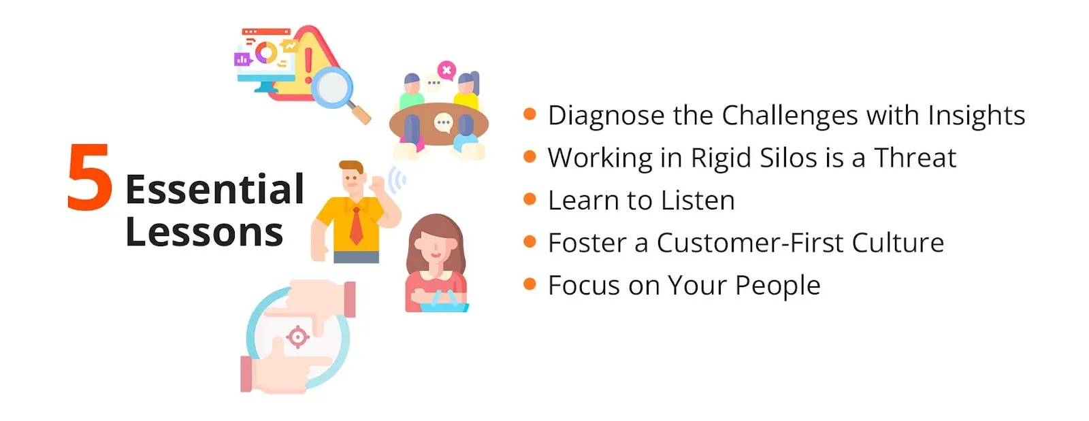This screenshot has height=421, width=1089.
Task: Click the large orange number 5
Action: click(x=90, y=178)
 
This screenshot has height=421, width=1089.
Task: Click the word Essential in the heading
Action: click(x=214, y=189)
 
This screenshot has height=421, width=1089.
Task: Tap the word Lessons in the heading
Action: click(x=204, y=232)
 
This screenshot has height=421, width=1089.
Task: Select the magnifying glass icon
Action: click(x=334, y=90)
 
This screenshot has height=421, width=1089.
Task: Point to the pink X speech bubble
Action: click(x=446, y=69)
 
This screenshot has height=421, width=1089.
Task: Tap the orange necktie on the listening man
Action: click(x=356, y=226)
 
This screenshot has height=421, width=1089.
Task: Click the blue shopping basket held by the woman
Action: click(x=443, y=303)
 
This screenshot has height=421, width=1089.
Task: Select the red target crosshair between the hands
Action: click(x=297, y=337)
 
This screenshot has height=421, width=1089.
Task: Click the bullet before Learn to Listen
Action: click(x=530, y=199)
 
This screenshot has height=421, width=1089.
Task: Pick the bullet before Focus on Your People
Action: click(x=530, y=284)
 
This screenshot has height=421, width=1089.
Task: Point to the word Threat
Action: click(x=915, y=158)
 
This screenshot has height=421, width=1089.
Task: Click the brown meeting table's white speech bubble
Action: click(x=443, y=123)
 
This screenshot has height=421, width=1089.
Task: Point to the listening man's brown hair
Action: click(x=351, y=166)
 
